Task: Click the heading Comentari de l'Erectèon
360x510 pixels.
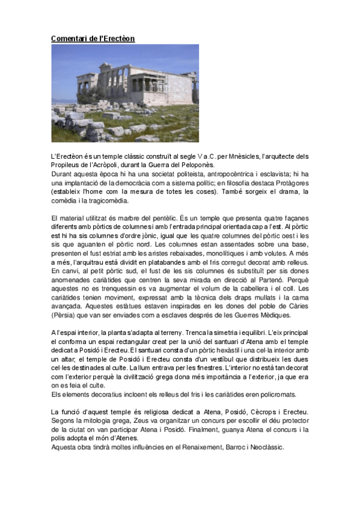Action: [93, 38]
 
